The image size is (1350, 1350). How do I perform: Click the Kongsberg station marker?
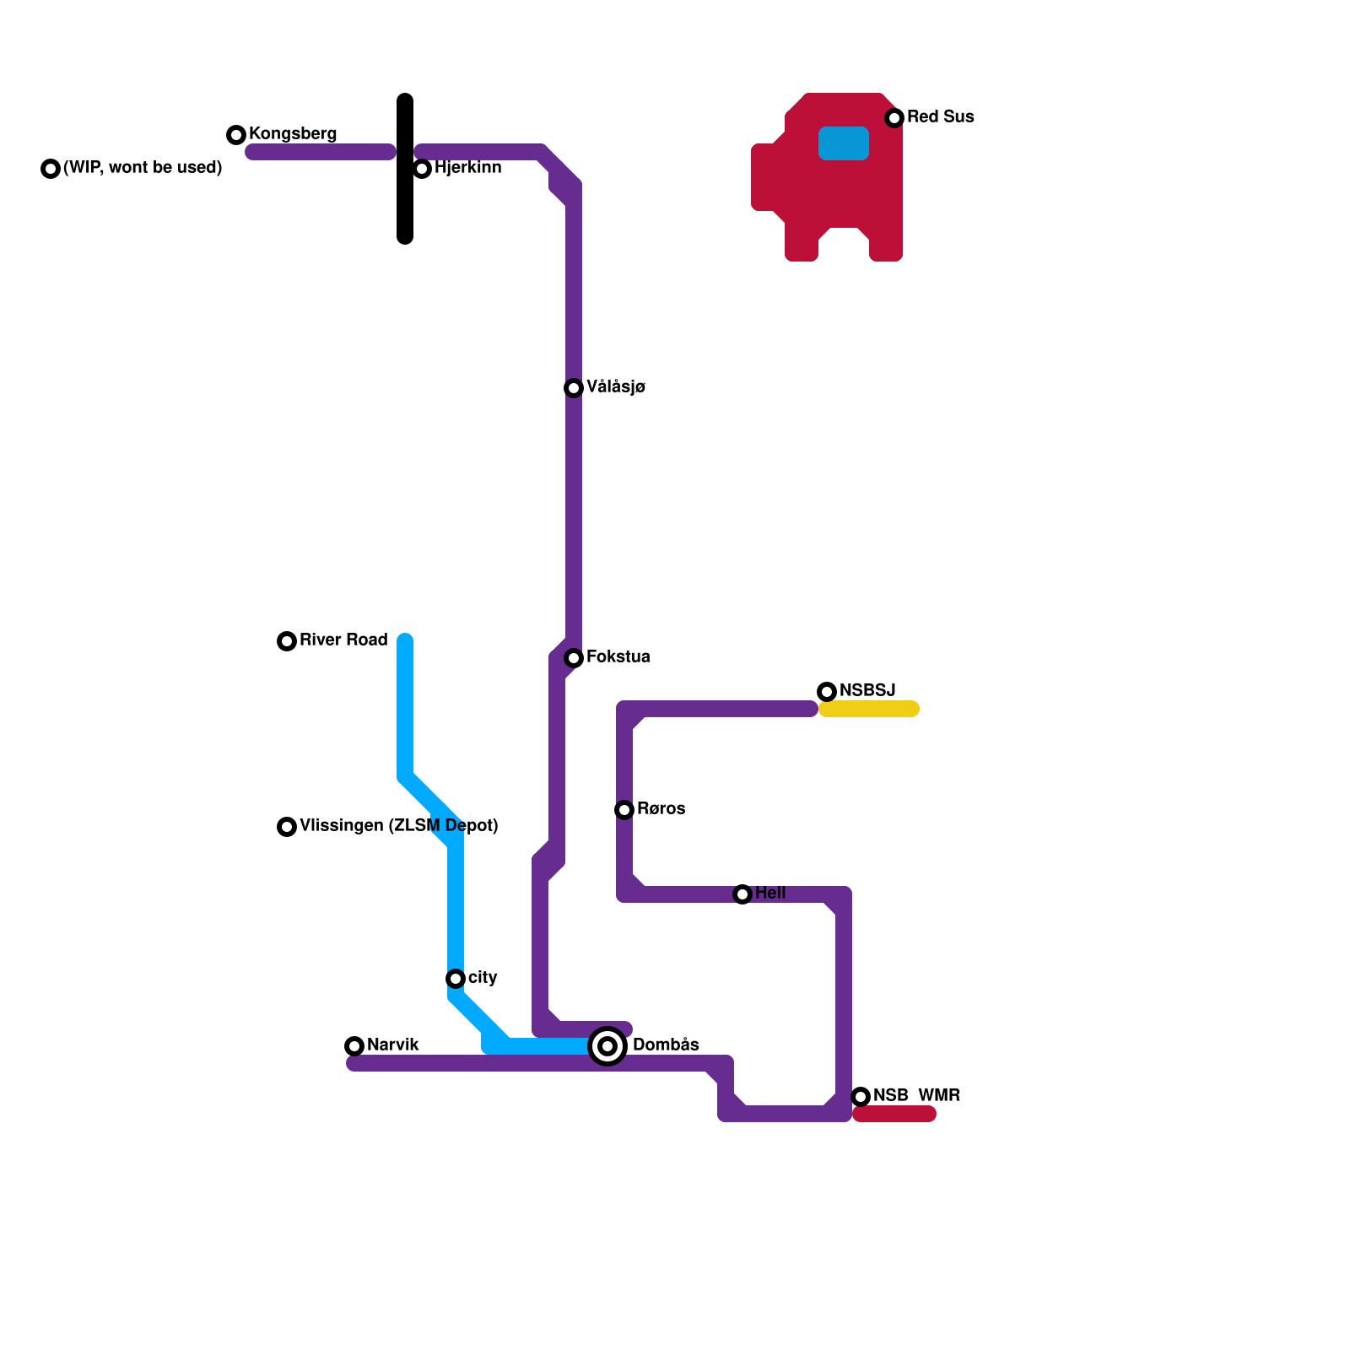[x=236, y=135]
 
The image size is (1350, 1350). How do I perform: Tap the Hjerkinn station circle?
[x=423, y=169]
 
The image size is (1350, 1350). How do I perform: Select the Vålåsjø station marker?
[x=574, y=388]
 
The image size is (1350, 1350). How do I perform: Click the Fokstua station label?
[x=618, y=657]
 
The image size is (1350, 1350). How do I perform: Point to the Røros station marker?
[x=624, y=810]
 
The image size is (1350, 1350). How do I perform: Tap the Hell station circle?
[x=742, y=894]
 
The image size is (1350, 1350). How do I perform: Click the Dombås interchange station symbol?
[x=607, y=1046]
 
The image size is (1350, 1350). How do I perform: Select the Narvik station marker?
[x=354, y=1046]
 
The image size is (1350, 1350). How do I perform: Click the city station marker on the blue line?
[x=456, y=979]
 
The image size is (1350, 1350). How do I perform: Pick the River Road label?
[x=343, y=640]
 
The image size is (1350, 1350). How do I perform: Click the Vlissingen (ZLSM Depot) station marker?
[x=287, y=827]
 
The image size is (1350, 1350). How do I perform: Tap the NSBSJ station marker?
[x=827, y=692]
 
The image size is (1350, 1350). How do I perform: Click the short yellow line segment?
[x=869, y=709]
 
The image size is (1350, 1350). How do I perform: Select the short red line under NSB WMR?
[x=894, y=1115]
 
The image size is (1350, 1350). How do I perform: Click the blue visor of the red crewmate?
[x=844, y=143]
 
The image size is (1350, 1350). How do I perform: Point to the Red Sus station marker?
[x=894, y=118]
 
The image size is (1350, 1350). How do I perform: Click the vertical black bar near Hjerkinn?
[x=405, y=169]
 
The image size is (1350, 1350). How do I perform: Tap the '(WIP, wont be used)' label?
[x=143, y=168]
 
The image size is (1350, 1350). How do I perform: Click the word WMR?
[x=939, y=1096]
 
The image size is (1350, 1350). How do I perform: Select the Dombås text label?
[x=666, y=1045]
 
